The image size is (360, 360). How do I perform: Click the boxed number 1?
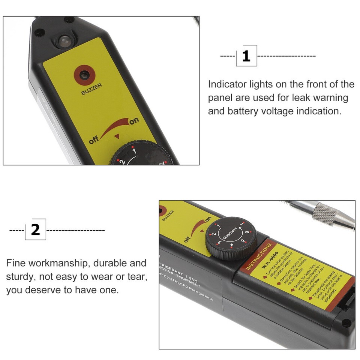pyautogui.click(x=246, y=56)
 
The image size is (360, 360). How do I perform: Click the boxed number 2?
pyautogui.click(x=35, y=229)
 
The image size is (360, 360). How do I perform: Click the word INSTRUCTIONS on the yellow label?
pyautogui.click(x=259, y=257)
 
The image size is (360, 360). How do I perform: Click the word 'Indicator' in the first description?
pyautogui.click(x=227, y=84)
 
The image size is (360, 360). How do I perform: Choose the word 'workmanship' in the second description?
pyautogui.click(x=57, y=263)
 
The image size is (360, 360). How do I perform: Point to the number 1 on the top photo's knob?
pyautogui.click(x=133, y=152)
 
